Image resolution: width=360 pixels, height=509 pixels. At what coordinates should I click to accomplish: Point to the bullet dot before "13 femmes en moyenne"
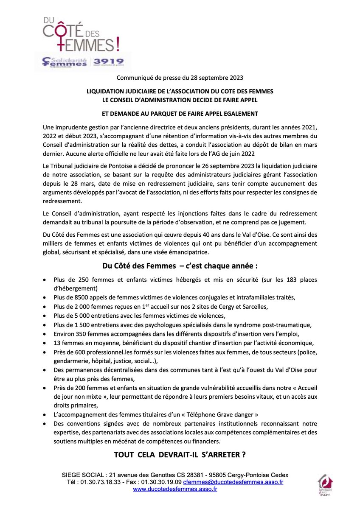click(45, 343)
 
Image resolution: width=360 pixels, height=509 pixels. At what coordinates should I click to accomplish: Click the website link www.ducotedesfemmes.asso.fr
click(175, 489)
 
